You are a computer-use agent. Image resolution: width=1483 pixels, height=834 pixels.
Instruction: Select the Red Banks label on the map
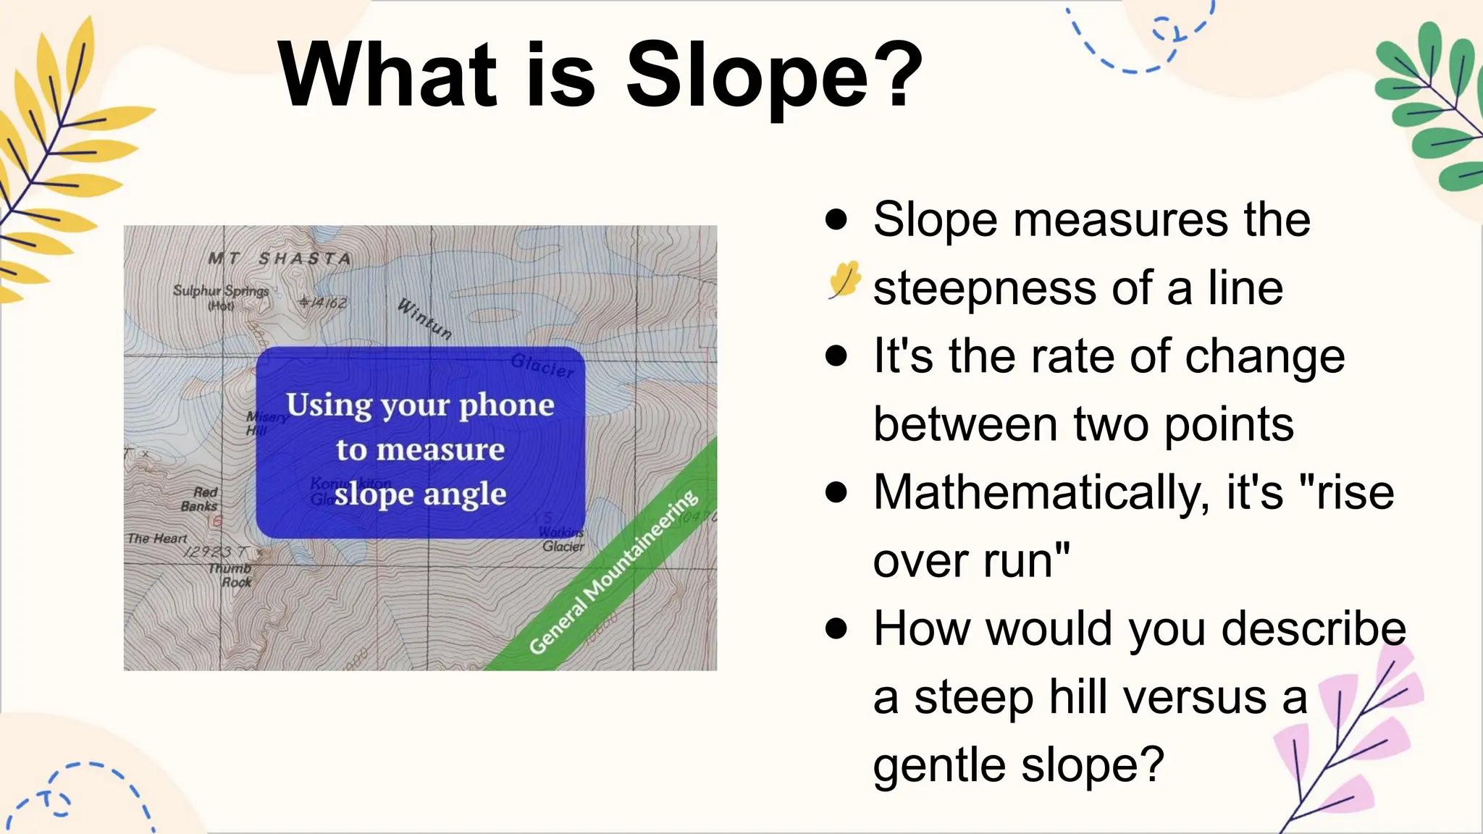point(201,499)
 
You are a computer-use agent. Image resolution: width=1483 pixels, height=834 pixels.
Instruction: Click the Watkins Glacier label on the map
point(562,539)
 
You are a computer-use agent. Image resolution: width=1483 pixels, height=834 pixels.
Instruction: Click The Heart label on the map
point(157,539)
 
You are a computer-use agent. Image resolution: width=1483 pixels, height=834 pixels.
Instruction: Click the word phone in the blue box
point(506,405)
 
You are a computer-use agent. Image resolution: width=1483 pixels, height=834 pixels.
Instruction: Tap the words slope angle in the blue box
point(420,494)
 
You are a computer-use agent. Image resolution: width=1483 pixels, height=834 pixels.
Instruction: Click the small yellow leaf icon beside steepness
point(844,279)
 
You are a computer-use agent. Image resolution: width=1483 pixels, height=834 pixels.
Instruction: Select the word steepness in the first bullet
point(985,288)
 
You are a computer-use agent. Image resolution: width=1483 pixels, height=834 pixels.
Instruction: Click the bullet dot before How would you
point(836,628)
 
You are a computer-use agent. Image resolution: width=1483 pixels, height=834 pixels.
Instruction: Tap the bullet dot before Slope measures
point(836,219)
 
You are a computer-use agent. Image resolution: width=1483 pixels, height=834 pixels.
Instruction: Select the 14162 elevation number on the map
point(324,303)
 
